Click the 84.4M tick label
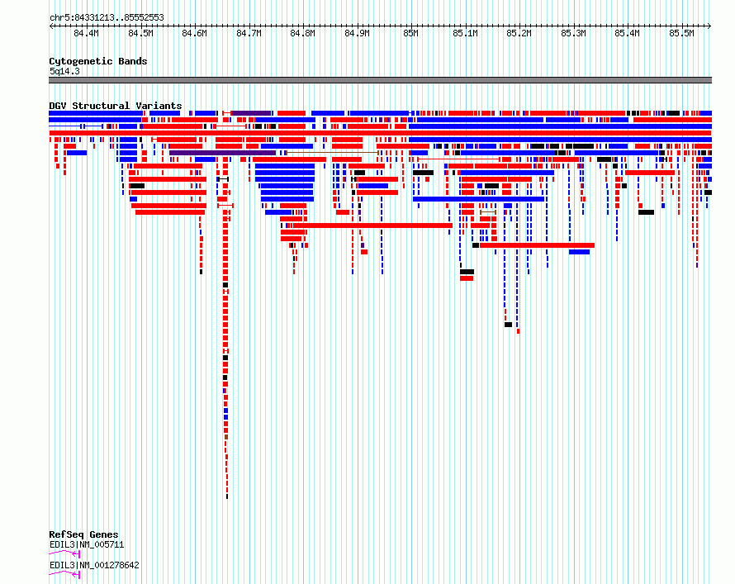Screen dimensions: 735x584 (x=86, y=33)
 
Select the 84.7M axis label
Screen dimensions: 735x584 (x=249, y=33)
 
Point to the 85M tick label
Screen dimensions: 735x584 (x=410, y=33)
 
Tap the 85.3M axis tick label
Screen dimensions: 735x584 (x=573, y=33)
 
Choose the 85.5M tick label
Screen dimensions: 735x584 (x=681, y=33)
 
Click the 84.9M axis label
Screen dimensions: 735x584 (x=358, y=33)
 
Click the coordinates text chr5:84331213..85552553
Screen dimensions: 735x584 (x=107, y=18)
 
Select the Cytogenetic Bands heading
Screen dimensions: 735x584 (x=98, y=61)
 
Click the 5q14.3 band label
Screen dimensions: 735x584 (x=64, y=71)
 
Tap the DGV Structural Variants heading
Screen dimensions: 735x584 (x=116, y=106)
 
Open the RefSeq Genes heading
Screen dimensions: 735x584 (x=83, y=534)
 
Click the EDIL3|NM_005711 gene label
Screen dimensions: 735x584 (x=87, y=544)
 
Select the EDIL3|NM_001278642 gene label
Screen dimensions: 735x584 (x=94, y=565)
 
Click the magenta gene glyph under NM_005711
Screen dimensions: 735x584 (x=64, y=553)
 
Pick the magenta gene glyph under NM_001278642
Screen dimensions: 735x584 (x=64, y=574)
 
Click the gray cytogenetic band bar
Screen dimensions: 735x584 (x=380, y=80)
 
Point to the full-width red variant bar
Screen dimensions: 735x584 (x=380, y=133)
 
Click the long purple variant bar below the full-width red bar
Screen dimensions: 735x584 (x=223, y=153)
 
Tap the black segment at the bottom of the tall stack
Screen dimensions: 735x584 (x=227, y=496)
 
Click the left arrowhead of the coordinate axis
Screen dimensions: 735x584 (x=50, y=26)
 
